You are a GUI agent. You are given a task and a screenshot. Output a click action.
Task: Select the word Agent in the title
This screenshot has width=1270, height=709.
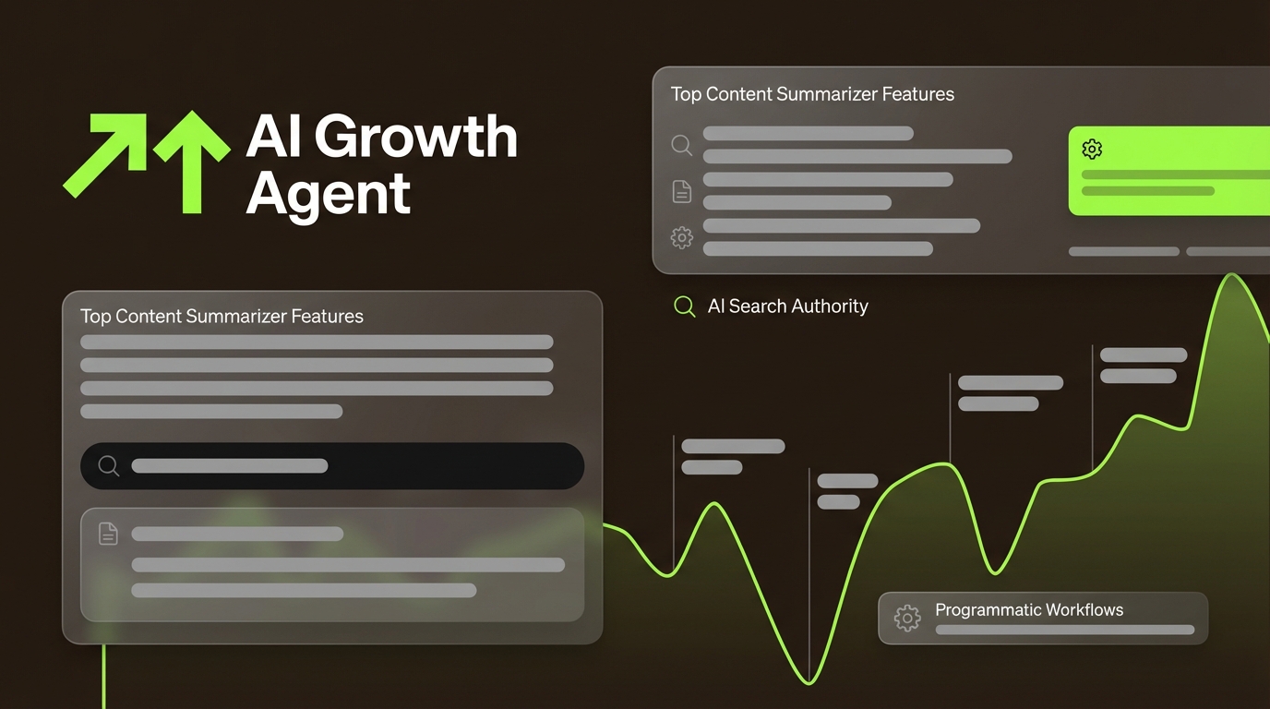tap(328, 194)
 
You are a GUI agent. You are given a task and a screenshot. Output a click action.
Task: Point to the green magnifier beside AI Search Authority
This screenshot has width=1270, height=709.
tap(684, 306)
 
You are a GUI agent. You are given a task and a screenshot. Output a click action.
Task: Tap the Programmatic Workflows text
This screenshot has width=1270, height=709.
tap(1029, 610)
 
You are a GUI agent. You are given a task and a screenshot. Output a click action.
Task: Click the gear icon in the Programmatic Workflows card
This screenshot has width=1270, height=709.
tap(907, 618)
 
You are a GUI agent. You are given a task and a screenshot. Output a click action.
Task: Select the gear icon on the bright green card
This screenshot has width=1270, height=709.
tap(1092, 149)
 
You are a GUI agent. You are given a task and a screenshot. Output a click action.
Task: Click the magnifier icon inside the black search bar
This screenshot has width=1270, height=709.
tap(109, 466)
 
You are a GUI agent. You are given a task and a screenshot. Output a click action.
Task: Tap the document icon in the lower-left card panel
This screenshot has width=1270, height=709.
tap(108, 534)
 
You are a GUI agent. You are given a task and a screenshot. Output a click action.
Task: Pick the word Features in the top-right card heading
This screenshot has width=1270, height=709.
tap(917, 94)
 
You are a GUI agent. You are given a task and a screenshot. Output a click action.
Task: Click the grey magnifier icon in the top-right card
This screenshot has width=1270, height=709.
tap(681, 145)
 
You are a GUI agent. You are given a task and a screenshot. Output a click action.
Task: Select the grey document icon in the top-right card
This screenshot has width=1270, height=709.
tap(681, 191)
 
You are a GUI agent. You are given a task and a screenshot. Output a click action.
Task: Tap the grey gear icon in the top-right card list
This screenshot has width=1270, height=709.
tap(681, 237)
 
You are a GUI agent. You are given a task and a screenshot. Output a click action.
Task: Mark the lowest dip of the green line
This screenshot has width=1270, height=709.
tap(809, 683)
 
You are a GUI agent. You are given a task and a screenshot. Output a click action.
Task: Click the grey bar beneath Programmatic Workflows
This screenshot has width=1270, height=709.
tap(1064, 630)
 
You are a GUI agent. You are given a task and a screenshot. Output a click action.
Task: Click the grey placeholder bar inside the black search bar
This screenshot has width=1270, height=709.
tap(230, 466)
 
